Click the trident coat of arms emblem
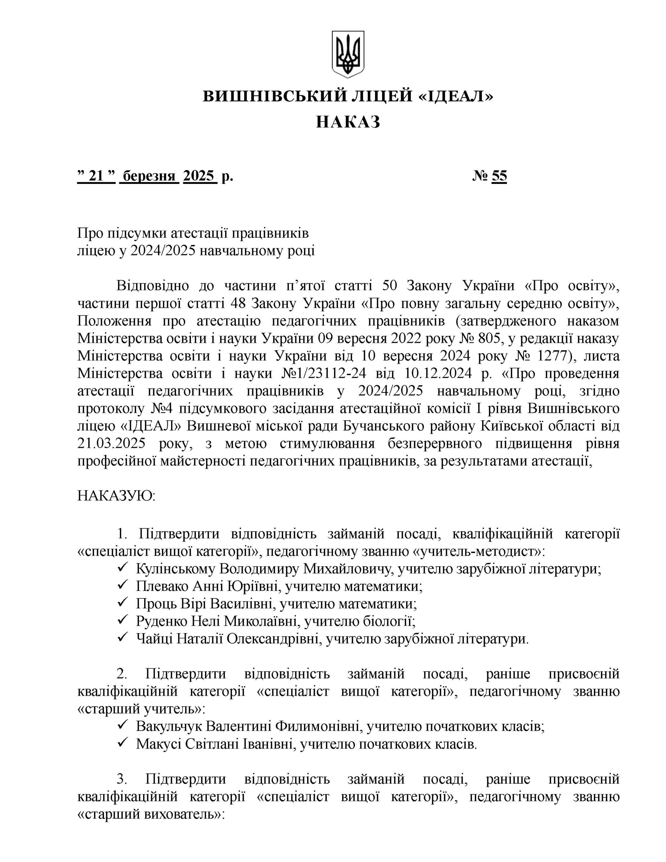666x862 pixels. click(x=347, y=54)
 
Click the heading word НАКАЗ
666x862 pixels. click(x=348, y=122)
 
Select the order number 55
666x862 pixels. click(x=499, y=176)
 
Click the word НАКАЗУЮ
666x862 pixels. click(x=116, y=495)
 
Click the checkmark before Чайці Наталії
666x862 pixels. click(x=122, y=638)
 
